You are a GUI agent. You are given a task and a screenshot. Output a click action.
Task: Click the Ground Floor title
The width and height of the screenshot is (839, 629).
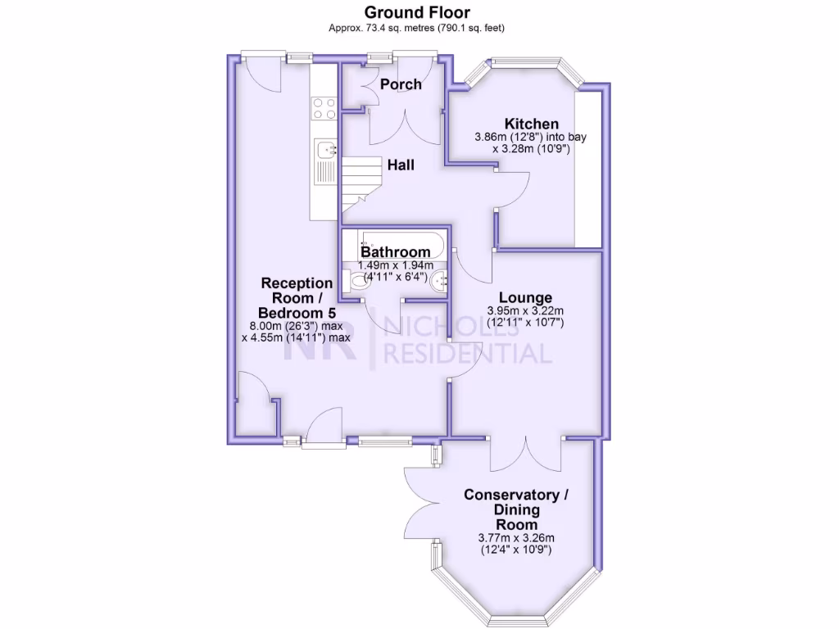tap(416, 12)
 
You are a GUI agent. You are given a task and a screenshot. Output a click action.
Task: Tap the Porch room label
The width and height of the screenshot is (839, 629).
tap(401, 84)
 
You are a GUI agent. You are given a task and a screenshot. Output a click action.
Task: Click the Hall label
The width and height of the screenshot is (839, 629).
tap(401, 165)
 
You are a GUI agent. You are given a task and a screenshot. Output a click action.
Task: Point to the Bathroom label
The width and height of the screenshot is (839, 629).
tap(396, 252)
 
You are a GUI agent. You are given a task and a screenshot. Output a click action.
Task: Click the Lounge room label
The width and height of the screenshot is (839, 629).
tap(525, 298)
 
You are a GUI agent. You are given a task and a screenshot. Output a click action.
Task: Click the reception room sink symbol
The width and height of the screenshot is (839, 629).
tap(326, 150)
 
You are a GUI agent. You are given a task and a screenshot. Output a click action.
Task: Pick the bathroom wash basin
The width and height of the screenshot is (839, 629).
tap(439, 281)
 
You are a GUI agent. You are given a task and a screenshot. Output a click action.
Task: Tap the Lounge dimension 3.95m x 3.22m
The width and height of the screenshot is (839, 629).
tap(525, 311)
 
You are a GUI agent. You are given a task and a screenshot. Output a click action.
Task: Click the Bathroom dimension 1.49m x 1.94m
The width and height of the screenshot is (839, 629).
tap(396, 265)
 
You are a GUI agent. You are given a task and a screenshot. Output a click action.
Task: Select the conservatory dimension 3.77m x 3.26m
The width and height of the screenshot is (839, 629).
tap(516, 538)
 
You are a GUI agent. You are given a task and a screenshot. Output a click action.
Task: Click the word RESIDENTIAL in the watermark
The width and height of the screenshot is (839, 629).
tap(468, 353)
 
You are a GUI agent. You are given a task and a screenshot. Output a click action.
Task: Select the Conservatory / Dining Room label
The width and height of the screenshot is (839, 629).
tap(516, 509)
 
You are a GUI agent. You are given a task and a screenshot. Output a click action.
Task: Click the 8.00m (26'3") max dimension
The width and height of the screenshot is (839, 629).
tap(296, 325)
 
